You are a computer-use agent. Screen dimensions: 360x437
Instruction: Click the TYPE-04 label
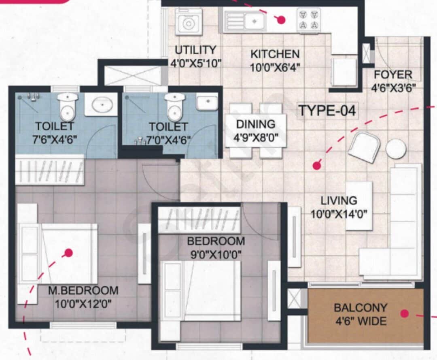327,110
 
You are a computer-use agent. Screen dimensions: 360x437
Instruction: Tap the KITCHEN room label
275,54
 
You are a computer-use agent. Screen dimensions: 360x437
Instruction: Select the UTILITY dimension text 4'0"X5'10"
195,63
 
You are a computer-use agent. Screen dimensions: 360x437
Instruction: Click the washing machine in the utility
189,23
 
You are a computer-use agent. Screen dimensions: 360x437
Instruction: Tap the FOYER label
392,75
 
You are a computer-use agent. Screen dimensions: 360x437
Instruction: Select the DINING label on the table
256,124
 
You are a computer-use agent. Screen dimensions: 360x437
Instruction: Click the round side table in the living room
395,149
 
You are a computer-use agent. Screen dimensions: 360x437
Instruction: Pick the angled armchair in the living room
364,147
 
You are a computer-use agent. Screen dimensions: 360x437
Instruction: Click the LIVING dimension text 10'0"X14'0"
339,213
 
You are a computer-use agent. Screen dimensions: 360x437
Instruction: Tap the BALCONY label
360,308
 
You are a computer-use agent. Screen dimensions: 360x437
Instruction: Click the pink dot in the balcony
404,313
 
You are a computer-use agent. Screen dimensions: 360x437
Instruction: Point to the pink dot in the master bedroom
69,253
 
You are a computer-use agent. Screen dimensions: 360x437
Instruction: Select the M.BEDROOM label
83,290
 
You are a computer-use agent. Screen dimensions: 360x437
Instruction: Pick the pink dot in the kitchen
281,19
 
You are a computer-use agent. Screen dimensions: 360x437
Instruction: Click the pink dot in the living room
317,165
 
